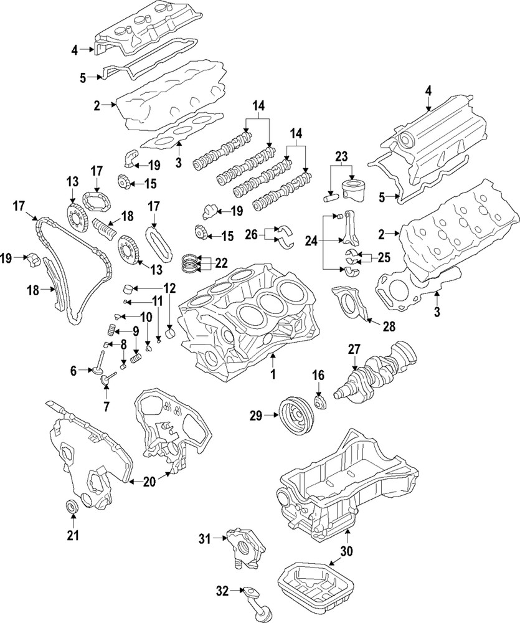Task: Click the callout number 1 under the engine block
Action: pos(272,375)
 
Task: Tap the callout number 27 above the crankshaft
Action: pos(354,350)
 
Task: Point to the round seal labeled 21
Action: pos(72,507)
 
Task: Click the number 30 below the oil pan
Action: pos(347,551)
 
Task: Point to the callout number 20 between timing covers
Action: pos(149,480)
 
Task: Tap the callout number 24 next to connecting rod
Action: pos(310,239)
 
